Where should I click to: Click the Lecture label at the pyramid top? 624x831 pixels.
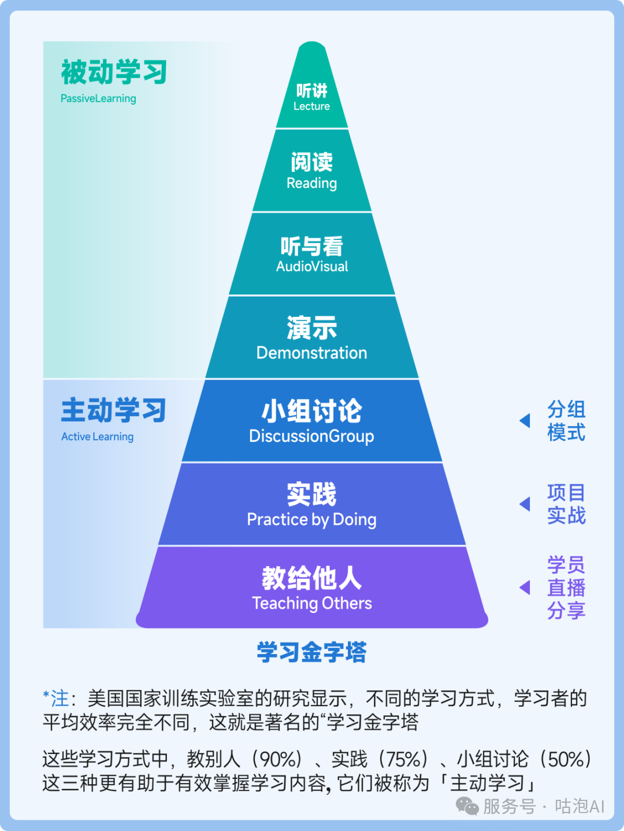point(311,106)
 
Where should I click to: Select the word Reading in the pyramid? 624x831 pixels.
point(311,183)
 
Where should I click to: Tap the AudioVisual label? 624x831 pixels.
point(312,267)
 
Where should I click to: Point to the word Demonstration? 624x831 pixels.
point(311,353)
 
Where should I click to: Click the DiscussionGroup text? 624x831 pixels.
point(311,436)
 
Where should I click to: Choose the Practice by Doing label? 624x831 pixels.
point(311,519)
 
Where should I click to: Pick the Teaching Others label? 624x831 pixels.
point(312,603)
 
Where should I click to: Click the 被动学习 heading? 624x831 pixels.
point(114,72)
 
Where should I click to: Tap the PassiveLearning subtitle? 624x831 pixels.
point(98,98)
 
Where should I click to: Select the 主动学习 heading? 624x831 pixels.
point(114,410)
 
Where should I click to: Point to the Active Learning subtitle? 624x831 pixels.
point(97,437)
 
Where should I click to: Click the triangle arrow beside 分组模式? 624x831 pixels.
point(525,420)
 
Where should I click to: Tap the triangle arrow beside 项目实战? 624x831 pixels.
point(525,504)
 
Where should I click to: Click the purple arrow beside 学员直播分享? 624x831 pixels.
point(525,588)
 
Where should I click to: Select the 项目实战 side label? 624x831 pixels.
point(566,504)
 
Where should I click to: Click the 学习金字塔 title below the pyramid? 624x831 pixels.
point(311,652)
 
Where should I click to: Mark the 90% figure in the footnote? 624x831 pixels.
point(279,759)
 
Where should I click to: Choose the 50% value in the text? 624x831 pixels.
point(568,759)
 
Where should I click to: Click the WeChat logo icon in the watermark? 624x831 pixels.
point(467,806)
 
